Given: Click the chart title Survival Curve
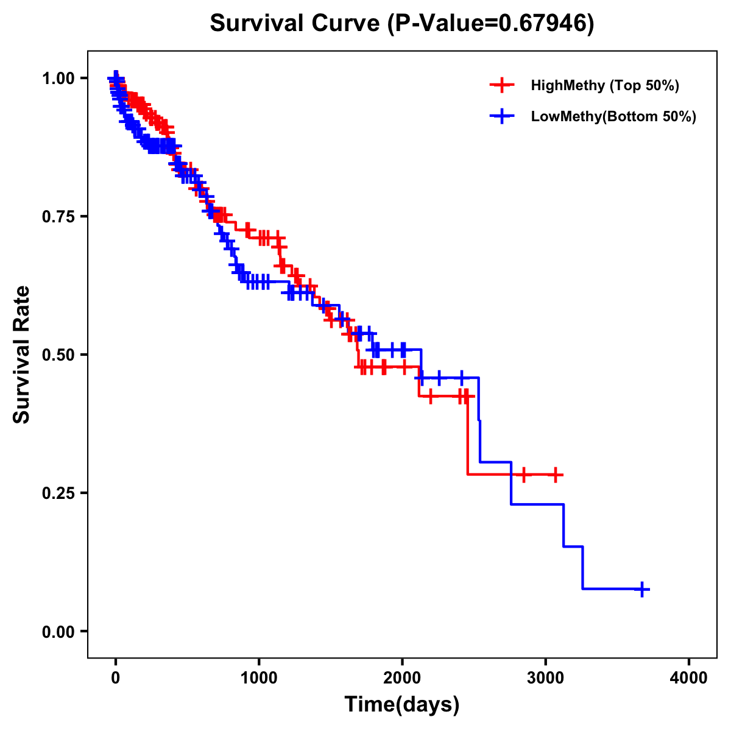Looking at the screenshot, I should [297, 23].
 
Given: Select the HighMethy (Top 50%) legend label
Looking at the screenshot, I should [604, 85].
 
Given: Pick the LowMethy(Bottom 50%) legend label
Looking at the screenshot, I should [613, 116].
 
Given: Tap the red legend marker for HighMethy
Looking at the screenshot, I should [501, 85].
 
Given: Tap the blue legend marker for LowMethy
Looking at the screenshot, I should [501, 116].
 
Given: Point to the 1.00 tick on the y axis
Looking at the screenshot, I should [58, 78].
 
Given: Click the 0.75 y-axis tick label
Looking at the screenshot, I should [58, 216].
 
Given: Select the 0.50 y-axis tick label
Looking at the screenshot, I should [58, 355].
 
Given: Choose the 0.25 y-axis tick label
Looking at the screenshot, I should [58, 493].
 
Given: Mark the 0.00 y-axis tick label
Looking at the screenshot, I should [58, 631].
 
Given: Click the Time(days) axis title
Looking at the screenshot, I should [402, 705].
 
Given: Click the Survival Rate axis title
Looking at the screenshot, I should [22, 355].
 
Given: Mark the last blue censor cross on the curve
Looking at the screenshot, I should [641, 589].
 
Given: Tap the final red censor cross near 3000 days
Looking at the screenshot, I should [556, 475].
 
